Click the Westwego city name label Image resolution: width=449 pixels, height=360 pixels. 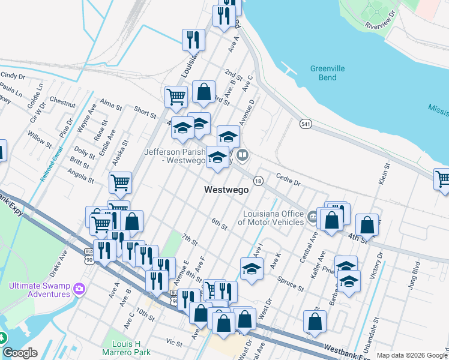226,190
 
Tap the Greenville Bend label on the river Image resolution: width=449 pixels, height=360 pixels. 327,73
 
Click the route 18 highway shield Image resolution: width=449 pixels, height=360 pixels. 258,181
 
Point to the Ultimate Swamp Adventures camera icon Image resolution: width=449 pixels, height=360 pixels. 79,290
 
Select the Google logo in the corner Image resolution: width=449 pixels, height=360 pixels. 19,353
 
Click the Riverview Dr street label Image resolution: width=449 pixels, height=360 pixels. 381,19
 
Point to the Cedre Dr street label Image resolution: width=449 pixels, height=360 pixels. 288,178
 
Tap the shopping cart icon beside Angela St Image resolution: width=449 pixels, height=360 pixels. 121,182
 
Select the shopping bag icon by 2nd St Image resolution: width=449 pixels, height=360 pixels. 204,92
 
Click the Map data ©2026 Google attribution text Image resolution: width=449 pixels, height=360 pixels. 411,355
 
